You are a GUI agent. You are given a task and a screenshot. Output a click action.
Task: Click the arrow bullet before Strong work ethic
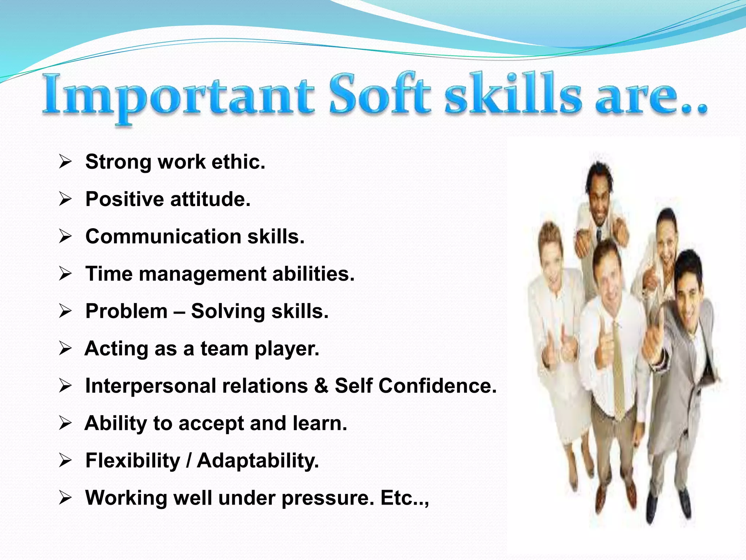click(65, 162)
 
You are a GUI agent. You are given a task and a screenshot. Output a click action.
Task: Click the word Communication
click(163, 237)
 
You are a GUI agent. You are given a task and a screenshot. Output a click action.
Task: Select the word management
click(202, 275)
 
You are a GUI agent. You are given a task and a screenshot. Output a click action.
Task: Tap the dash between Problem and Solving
click(179, 312)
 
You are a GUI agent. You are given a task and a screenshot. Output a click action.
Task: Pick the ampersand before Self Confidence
click(321, 386)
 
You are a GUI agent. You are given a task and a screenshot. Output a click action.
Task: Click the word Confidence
click(437, 386)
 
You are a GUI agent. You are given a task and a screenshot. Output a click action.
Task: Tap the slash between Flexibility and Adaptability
click(189, 460)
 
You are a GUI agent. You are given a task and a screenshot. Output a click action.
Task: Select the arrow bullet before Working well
click(65, 498)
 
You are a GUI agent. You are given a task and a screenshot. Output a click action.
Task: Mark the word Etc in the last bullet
click(397, 498)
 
